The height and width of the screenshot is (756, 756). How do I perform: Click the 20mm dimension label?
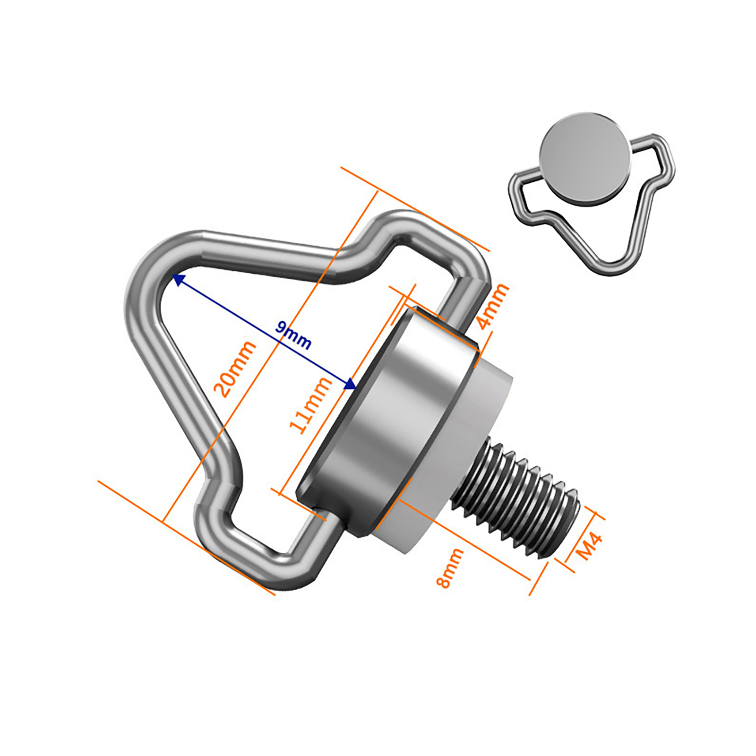(234, 369)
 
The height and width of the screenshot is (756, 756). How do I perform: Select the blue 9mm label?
(293, 335)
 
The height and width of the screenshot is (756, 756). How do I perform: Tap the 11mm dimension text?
(310, 406)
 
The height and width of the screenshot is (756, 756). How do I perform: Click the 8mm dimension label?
(450, 568)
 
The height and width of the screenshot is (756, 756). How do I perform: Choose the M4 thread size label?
(590, 546)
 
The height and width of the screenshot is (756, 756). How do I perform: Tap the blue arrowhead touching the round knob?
(350, 384)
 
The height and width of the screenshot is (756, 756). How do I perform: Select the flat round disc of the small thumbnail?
(585, 159)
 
